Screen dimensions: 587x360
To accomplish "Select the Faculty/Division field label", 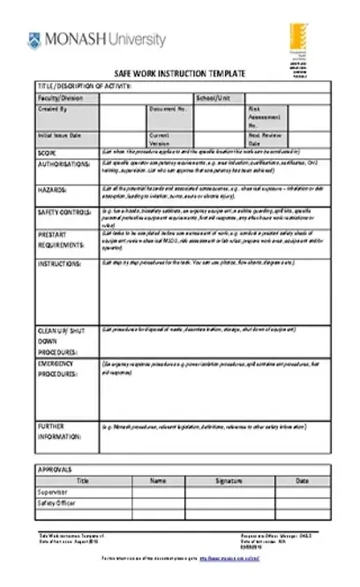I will coord(56,97).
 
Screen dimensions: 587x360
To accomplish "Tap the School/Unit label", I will coord(213,97).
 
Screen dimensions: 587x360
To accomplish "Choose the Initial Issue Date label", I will coord(59,135).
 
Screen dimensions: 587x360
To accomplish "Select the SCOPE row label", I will coord(47,152).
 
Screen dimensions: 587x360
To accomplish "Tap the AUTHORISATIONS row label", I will coord(64,164).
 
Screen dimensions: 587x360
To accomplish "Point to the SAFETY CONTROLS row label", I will coord(65,213).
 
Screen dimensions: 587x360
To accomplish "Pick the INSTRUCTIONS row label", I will coord(60,263).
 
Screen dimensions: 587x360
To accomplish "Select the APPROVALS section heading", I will coord(56,470).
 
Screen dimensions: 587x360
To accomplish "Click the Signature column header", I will coord(228,481).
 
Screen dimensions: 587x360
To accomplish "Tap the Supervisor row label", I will coord(52,492).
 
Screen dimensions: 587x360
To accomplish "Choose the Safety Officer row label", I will coord(56,503).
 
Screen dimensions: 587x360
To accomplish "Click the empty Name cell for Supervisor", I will coord(158,492).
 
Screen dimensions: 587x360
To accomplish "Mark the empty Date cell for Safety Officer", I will coord(302,503).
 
